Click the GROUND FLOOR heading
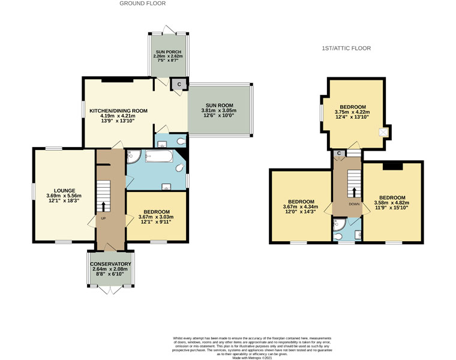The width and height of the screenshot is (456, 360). tap(143, 4)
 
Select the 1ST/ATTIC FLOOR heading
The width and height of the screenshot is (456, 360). tap(346, 48)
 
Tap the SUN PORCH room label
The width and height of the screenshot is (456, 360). tap(169, 52)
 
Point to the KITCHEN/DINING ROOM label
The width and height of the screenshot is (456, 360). tap(118, 111)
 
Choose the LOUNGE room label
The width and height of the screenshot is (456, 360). tap(64, 191)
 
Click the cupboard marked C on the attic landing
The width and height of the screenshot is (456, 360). tap(339, 154)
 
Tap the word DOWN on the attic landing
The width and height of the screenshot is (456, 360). tap(353, 203)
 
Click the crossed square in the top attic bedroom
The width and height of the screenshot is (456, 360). tap(382, 133)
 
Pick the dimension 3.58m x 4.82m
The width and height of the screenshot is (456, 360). tap(391, 203)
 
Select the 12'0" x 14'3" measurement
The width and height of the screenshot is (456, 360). tap(298, 213)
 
